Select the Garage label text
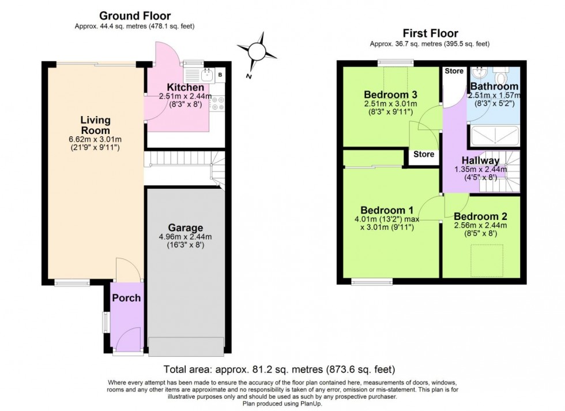pos(186,227)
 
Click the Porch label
pos(126,298)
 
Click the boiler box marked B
pos(221,75)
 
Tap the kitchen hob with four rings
pos(218,104)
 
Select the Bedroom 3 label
pos(390,95)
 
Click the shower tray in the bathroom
pos(495,136)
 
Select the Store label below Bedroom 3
pos(423,155)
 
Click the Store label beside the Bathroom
pos(454,72)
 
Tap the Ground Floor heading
pos(135,16)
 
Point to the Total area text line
pos(279,369)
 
